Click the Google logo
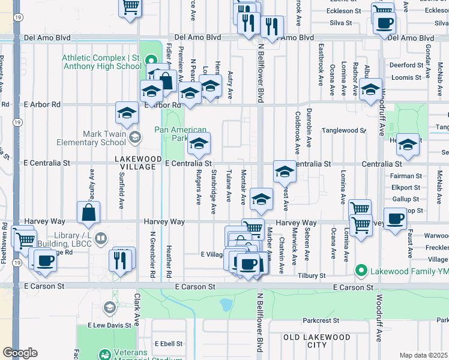click(20, 353)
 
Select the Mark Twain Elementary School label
click(91, 138)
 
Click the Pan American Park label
click(180, 134)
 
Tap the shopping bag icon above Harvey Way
click(88, 212)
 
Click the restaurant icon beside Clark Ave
click(121, 260)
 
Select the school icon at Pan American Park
click(199, 144)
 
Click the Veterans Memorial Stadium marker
click(105, 355)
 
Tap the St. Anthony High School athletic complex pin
click(151, 61)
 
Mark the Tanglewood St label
click(343, 130)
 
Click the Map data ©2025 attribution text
click(423, 355)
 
